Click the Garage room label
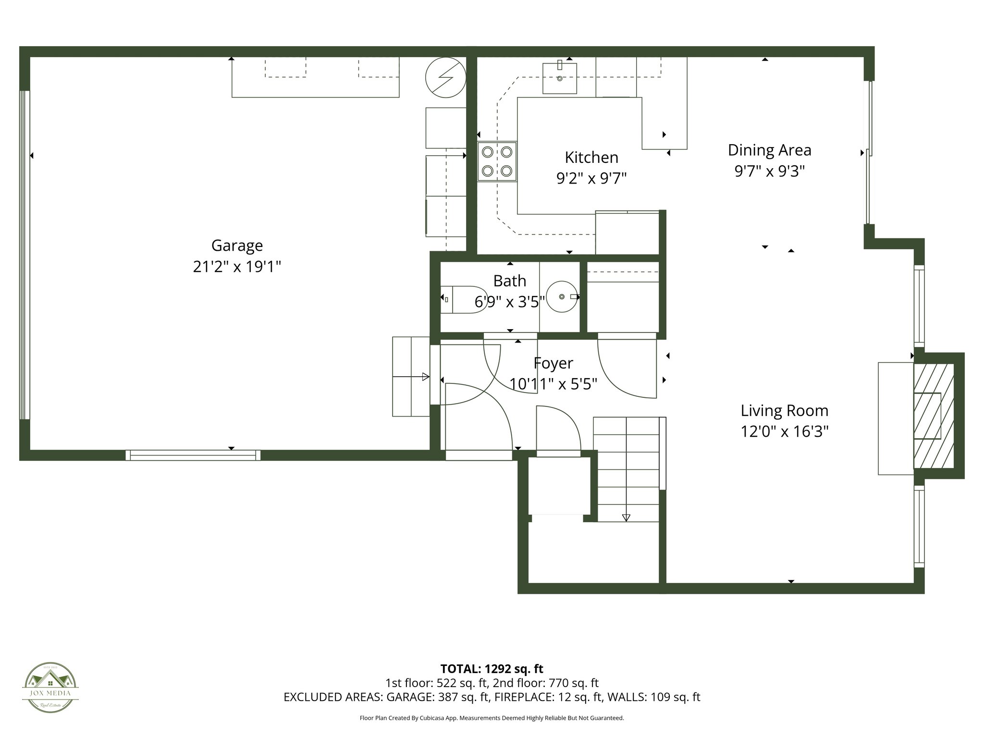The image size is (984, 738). [x=237, y=246]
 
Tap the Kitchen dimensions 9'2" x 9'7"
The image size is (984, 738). [x=591, y=179]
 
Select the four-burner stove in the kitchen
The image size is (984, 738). [x=497, y=161]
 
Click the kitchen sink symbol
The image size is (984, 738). [x=560, y=78]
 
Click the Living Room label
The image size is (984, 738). [x=784, y=411]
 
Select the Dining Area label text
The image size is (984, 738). [x=769, y=150]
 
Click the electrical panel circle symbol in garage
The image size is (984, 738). [x=446, y=77]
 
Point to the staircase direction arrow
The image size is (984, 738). [x=626, y=517]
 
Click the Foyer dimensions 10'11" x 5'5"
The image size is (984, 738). [x=553, y=384]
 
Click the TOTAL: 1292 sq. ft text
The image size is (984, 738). [x=492, y=669]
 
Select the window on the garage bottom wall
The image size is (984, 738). [x=193, y=455]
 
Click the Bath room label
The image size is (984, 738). [x=509, y=281]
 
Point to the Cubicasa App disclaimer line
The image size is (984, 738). [x=492, y=718]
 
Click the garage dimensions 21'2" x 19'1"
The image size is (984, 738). [x=237, y=267]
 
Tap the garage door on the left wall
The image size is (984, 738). [x=25, y=255]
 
